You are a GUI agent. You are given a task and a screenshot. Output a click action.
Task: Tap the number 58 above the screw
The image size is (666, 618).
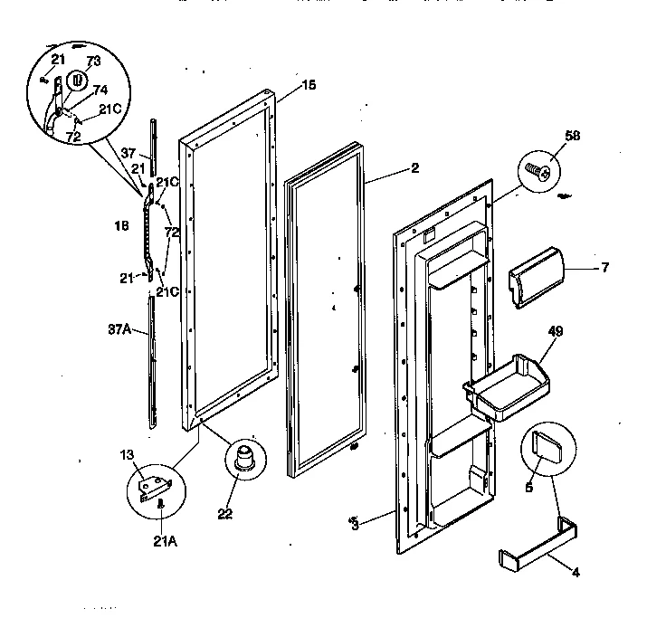point(547,136)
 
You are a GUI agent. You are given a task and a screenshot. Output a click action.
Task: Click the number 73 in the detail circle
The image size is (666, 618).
point(93,62)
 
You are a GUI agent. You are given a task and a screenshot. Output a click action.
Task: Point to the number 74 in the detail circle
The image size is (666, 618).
point(100,90)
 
